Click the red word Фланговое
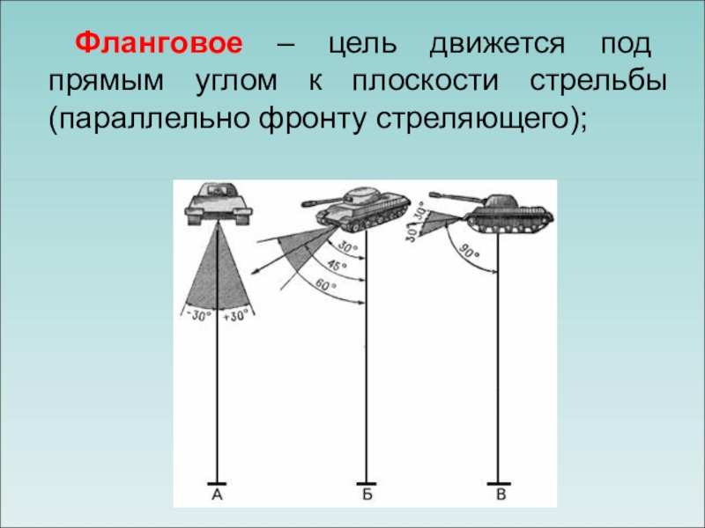pyautogui.click(x=159, y=43)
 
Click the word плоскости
pyautogui.click(x=425, y=82)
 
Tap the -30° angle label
pyautogui.click(x=199, y=316)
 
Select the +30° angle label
pyautogui.click(x=236, y=316)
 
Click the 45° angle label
pyautogui.click(x=337, y=266)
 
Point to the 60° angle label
pyautogui.click(x=325, y=285)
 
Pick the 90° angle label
pyautogui.click(x=469, y=252)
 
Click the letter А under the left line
pyautogui.click(x=217, y=495)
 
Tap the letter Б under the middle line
pyautogui.click(x=367, y=495)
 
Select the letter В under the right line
pyautogui.click(x=501, y=495)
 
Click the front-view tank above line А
pyautogui.click(x=218, y=203)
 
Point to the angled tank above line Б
pyautogui.click(x=356, y=209)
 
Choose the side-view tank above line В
pyautogui.click(x=493, y=212)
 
